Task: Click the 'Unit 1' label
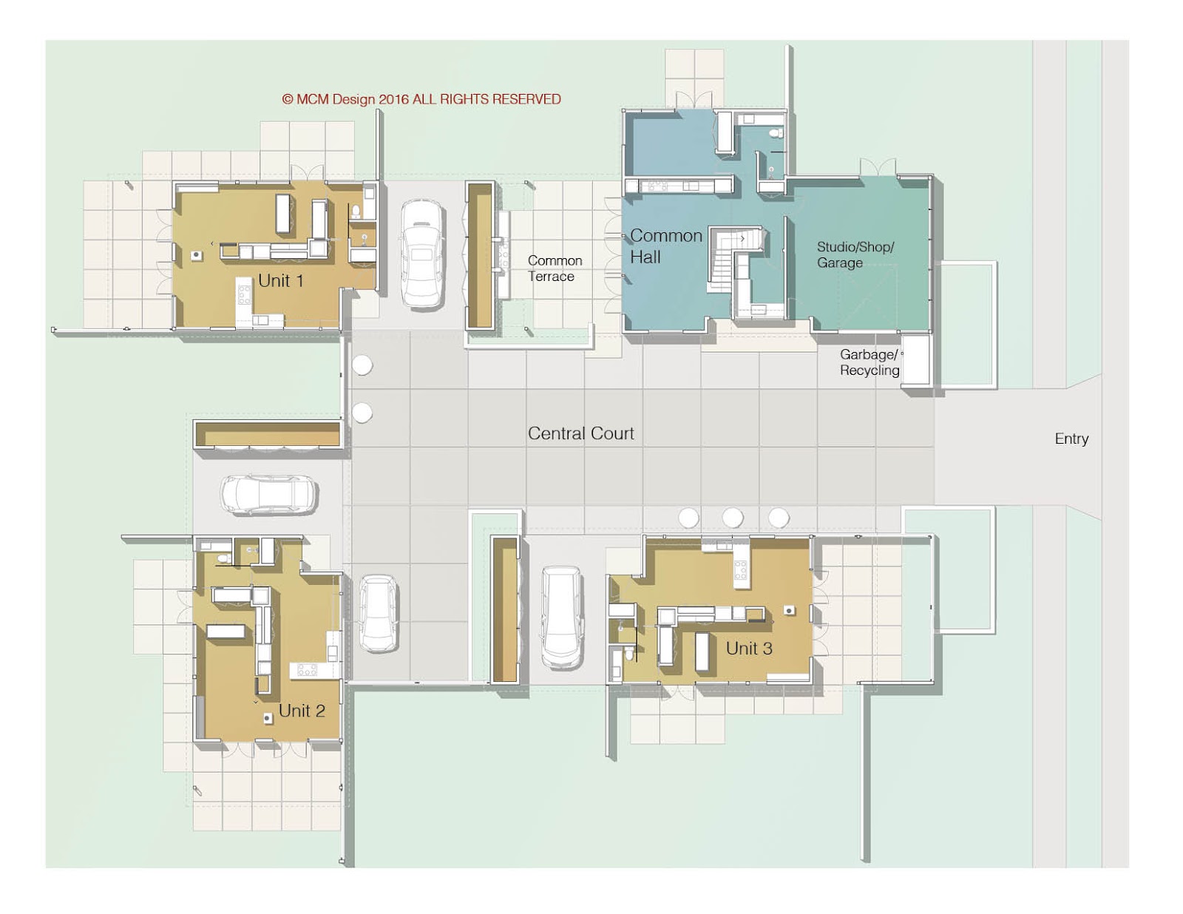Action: coord(280,281)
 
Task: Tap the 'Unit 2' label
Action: coord(301,711)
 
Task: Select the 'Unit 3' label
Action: coord(748,649)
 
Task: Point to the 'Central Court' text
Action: coord(580,433)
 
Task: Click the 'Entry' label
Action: coord(1071,439)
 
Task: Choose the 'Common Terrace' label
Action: coord(554,268)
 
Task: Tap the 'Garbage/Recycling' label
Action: coord(869,362)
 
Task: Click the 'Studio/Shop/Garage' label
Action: coord(854,254)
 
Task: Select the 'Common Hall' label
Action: coord(665,246)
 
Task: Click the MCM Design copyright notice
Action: coord(421,99)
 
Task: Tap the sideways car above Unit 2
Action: coord(270,495)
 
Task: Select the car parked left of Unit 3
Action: coord(562,617)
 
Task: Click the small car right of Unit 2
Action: coord(379,614)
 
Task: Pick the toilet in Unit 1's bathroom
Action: coord(356,211)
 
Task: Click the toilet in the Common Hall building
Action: coord(775,134)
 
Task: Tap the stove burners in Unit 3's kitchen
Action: coord(740,570)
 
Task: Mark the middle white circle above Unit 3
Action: coord(733,517)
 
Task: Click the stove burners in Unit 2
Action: coord(307,670)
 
